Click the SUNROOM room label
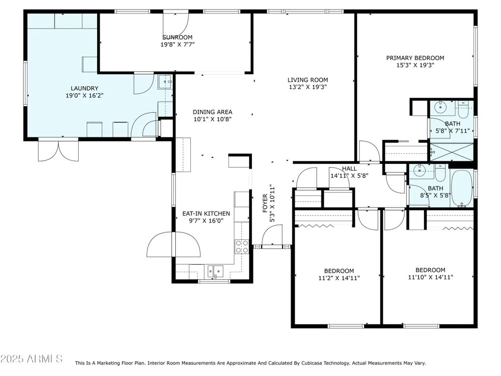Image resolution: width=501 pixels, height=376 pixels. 177,37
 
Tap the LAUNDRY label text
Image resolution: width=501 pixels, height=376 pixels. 84,88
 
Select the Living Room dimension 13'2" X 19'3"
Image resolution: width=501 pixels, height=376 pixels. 308,87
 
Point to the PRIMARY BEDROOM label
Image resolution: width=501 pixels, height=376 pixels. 415,58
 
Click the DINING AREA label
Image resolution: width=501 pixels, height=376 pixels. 212,112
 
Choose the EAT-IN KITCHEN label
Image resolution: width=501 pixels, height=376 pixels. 206,213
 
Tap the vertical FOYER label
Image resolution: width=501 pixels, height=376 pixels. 265,204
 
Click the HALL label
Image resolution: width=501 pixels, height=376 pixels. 349,168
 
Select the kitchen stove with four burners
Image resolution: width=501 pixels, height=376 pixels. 242,247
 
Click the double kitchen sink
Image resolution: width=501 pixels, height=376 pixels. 215,271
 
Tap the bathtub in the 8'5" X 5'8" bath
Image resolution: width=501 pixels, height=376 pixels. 462,189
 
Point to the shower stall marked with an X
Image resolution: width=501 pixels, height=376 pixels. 452,152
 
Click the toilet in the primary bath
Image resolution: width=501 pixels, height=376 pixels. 463,110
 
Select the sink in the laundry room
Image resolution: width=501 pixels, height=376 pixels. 165,82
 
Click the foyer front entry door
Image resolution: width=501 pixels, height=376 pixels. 272,235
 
